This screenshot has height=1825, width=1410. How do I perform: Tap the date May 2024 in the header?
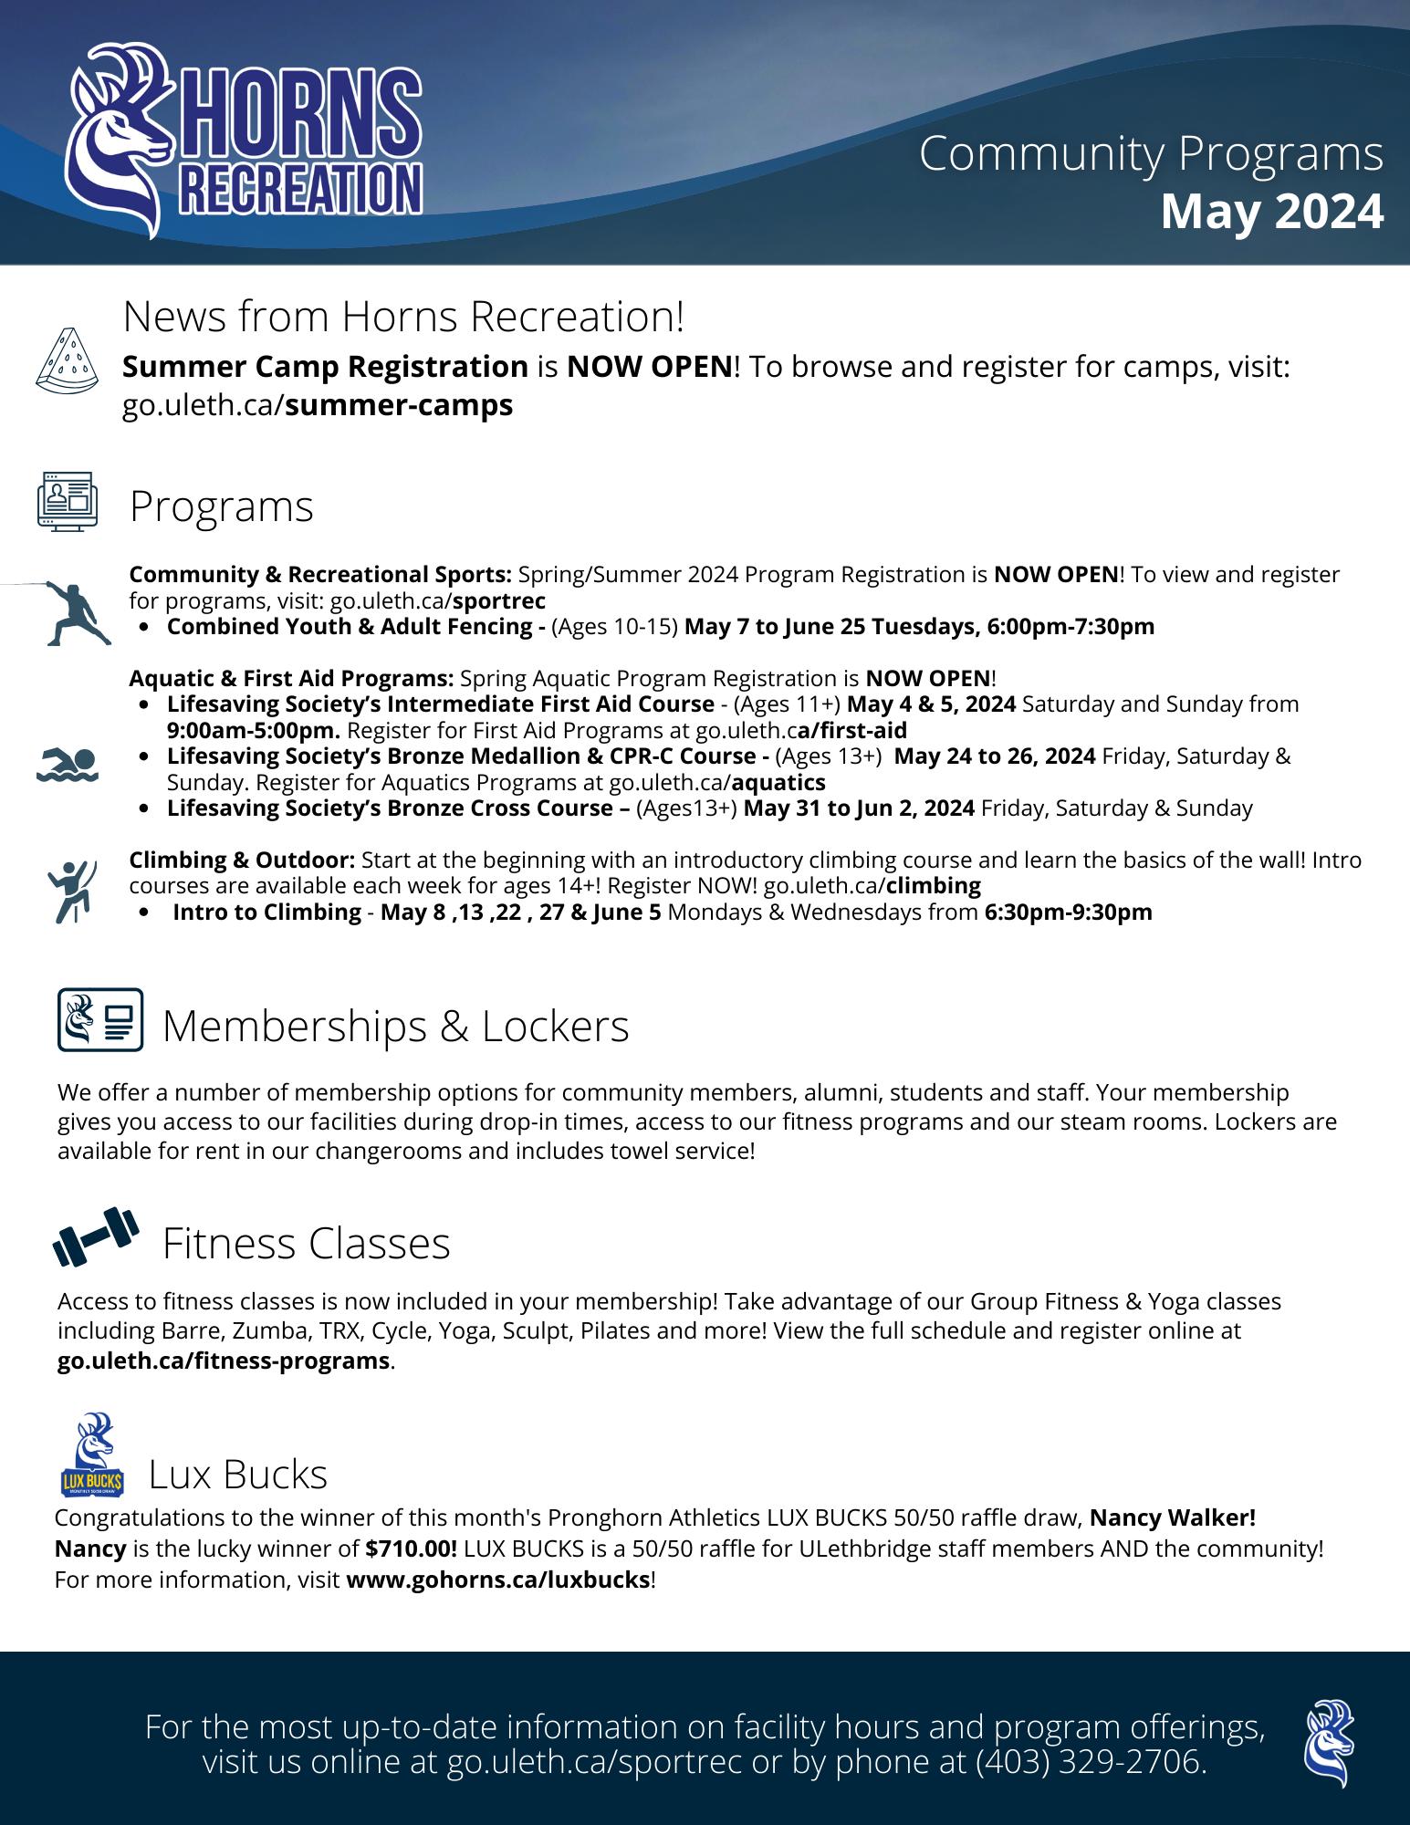tap(1271, 213)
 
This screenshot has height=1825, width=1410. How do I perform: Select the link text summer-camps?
tap(399, 405)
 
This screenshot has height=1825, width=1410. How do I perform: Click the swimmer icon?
tap(68, 765)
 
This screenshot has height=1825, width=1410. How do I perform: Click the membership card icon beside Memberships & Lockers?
tap(100, 1019)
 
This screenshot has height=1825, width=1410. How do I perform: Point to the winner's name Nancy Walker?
tap(1173, 1517)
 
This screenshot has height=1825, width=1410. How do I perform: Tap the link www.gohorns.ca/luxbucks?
tap(498, 1580)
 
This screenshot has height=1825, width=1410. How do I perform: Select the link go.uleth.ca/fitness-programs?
tap(224, 1361)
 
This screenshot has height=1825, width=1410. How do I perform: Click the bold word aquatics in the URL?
tap(778, 782)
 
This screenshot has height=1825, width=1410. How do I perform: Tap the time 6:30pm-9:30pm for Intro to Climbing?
tap(1069, 912)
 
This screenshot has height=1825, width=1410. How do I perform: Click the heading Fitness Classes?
tap(307, 1243)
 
